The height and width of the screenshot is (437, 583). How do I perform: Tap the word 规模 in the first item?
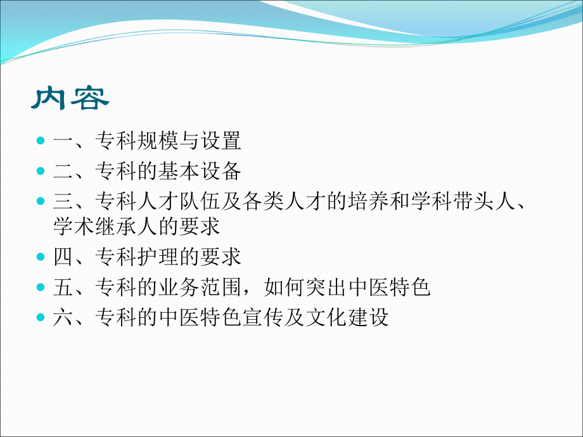[158, 141]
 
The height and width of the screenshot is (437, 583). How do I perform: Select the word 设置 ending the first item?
[221, 141]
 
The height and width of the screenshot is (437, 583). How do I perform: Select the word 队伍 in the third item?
[200, 202]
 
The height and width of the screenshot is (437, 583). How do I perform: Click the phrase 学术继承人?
[105, 225]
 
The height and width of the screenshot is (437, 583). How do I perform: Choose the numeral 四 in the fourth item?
[63, 257]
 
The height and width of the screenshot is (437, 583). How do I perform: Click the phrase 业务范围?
[200, 288]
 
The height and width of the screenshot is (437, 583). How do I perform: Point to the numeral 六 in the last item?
[63, 317]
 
